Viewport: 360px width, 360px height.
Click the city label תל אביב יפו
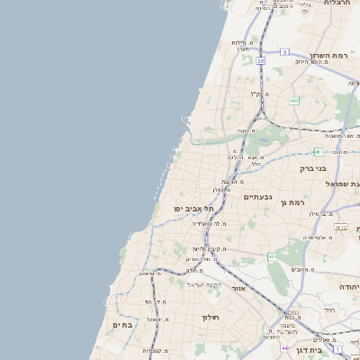[193, 209]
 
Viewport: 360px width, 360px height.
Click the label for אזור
[238, 289]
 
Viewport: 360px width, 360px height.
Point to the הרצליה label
[337, 4]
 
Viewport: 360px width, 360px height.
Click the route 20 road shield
[260, 60]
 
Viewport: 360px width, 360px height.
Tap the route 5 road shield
[284, 52]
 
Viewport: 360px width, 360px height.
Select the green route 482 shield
[294, 100]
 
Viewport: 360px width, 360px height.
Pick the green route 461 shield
[273, 256]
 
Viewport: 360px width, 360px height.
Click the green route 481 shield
[319, 151]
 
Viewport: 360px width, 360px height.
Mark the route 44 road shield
[284, 347]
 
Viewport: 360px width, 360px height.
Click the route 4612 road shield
[340, 228]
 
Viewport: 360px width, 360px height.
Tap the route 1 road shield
[337, 348]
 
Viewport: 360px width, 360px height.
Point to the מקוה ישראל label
[203, 285]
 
